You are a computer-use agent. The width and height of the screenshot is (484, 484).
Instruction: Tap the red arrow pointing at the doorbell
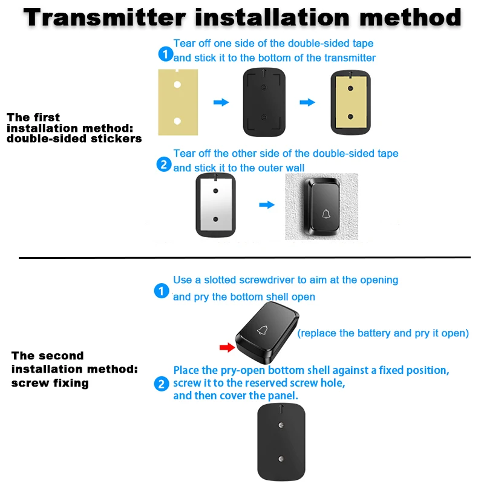(227, 347)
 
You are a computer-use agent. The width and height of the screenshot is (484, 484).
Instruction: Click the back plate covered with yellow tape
(350, 102)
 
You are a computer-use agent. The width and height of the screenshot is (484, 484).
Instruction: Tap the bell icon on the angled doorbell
(263, 330)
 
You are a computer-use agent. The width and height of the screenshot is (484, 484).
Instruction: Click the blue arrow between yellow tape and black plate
(221, 102)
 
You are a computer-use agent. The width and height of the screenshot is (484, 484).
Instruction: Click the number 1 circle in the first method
(165, 54)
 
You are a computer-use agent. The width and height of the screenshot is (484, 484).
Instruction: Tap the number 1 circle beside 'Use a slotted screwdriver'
(162, 291)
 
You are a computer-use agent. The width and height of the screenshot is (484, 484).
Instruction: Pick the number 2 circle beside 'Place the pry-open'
(162, 384)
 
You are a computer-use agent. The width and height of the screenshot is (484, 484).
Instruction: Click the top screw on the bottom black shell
(281, 425)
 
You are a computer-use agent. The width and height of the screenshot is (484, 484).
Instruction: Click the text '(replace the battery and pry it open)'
(383, 333)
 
